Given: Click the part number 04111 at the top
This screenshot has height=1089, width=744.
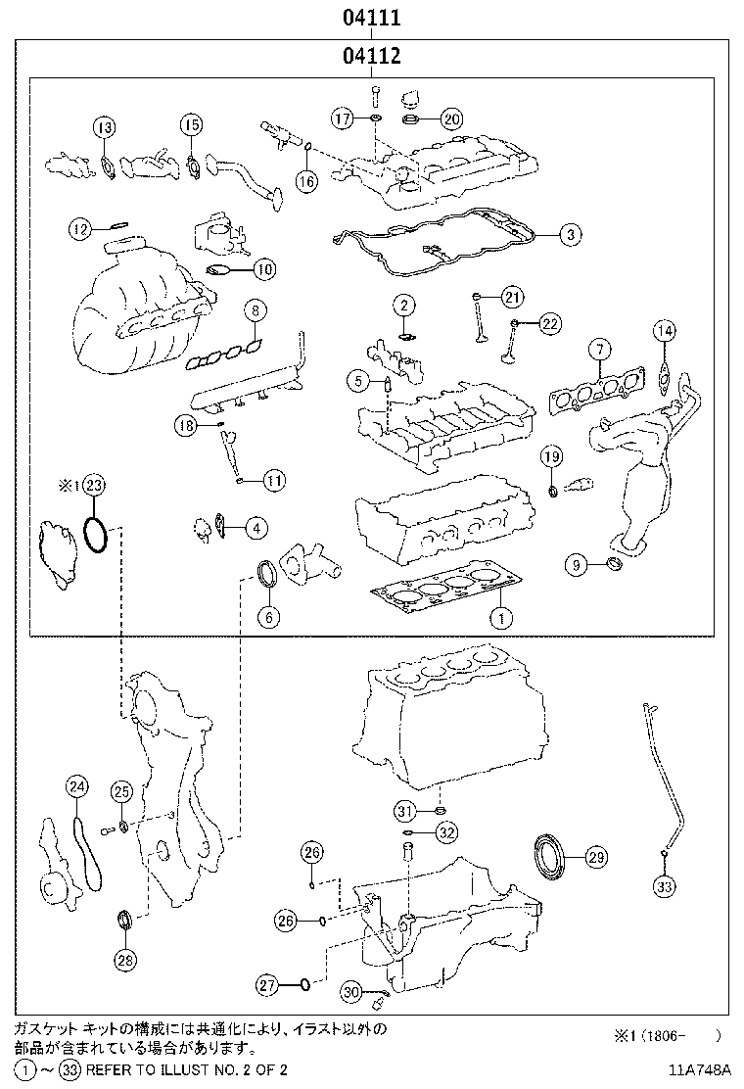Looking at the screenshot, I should click(372, 18).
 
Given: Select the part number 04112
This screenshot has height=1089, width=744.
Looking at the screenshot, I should click(372, 57).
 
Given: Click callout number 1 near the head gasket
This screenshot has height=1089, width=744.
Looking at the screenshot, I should click(500, 618).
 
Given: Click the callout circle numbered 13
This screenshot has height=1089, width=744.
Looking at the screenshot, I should click(104, 126).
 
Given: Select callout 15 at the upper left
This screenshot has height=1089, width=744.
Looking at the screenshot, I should click(191, 124).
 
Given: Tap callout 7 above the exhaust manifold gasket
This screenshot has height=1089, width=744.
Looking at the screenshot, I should click(598, 349).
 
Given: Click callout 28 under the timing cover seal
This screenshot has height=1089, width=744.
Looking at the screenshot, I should click(125, 960).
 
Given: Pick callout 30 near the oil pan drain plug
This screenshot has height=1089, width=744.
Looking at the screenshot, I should click(352, 993).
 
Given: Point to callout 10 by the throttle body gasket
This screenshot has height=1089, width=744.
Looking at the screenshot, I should click(263, 268).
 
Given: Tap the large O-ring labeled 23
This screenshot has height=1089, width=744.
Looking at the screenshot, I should click(95, 535).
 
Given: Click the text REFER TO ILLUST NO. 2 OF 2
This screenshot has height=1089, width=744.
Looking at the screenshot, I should click(186, 1070).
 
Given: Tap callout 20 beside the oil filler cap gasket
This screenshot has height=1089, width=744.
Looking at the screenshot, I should click(450, 119).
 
